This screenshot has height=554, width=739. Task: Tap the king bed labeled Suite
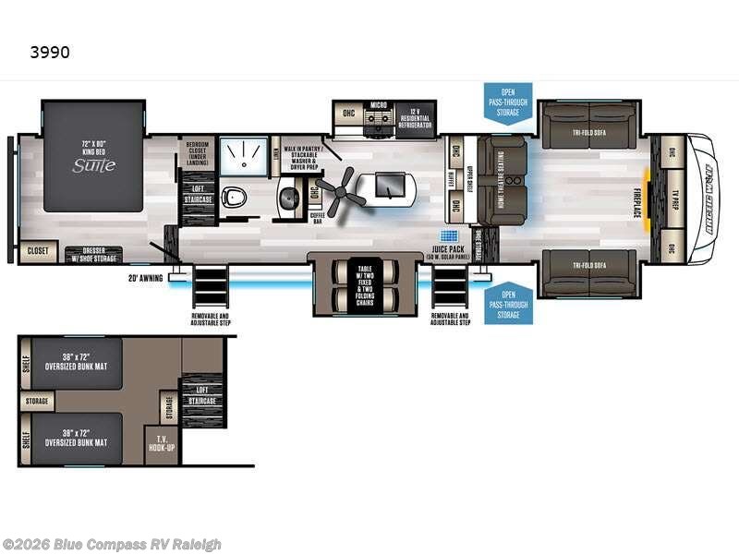94,157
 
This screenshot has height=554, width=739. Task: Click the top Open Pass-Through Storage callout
508,101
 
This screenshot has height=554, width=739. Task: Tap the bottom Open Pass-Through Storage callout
508,303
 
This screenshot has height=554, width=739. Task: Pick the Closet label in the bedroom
37,250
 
